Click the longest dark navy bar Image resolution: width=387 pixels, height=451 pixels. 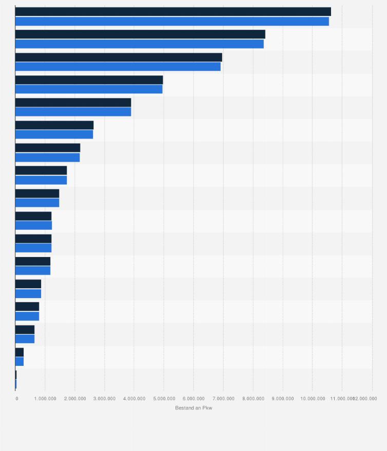coord(173,12)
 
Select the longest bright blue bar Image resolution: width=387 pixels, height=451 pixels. coord(172,21)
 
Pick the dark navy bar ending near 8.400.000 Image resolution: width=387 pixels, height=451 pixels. coord(140,34)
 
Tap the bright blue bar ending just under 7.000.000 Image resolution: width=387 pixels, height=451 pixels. coord(118,66)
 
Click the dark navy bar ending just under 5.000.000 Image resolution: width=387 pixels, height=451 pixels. coord(89,80)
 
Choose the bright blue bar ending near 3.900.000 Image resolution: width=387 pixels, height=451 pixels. coord(73,112)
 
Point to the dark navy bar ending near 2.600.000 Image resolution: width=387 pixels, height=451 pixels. coord(54,125)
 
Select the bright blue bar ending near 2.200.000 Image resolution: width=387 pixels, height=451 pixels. coord(47,157)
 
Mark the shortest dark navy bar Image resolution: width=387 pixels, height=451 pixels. coord(16,375)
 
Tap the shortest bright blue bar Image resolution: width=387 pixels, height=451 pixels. coord(16,384)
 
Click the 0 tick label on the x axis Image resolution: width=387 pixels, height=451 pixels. coord(16,398)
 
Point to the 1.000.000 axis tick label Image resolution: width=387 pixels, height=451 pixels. coord(45,398)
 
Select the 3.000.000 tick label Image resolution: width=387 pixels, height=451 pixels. coord(105,398)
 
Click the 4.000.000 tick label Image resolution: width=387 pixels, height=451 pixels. coord(134,398)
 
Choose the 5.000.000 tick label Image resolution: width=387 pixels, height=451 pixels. coord(164,398)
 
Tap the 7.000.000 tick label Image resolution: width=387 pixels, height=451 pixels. coord(223,398)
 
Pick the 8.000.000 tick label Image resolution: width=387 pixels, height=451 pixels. coord(253,398)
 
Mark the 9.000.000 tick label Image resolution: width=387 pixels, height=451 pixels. coord(283,398)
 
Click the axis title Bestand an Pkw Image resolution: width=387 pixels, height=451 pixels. coord(193,408)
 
